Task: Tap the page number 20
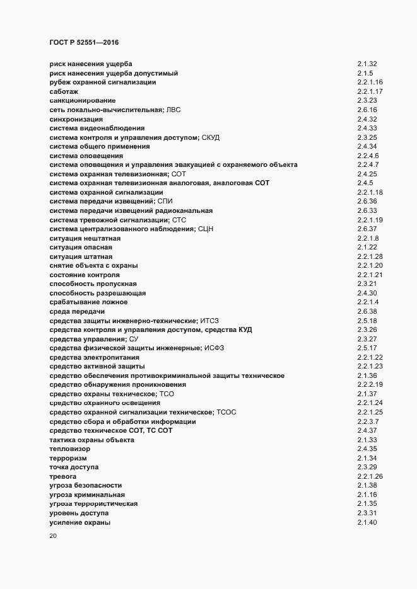[x=54, y=537]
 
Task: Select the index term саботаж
[x=64, y=91]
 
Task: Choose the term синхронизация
[x=76, y=119]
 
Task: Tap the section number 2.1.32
[x=367, y=64]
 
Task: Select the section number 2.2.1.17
[x=370, y=91]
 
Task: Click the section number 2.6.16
[x=367, y=110]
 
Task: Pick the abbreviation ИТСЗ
[x=208, y=321]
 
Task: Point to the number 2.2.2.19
[x=370, y=384]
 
